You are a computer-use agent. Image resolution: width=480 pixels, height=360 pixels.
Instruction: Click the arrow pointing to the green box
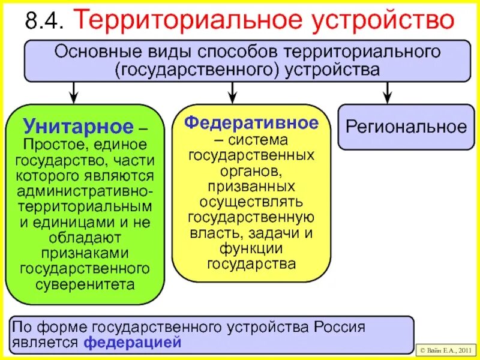click(74, 91)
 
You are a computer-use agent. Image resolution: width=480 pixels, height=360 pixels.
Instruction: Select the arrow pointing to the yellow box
click(232, 91)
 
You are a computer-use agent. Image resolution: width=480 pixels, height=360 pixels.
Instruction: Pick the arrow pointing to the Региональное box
click(387, 91)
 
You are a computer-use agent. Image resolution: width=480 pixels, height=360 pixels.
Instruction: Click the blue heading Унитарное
click(78, 127)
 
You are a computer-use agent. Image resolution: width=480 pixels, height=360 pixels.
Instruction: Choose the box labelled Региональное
click(406, 127)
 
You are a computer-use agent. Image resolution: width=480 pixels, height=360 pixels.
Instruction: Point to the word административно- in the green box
click(85, 191)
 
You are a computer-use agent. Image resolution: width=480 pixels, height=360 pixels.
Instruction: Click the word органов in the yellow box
click(251, 170)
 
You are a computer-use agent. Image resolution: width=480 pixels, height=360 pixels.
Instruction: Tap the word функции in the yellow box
click(251, 248)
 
